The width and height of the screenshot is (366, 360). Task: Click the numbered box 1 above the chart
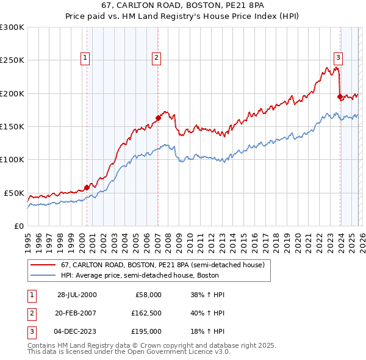[x=84, y=58]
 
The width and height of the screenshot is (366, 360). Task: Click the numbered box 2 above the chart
[x=156, y=58]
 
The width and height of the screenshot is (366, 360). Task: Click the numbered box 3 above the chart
[x=338, y=58]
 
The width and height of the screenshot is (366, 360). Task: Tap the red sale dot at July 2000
[x=87, y=187]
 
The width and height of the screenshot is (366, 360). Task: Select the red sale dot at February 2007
[x=158, y=118]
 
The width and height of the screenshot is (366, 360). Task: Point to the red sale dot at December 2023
[x=340, y=96]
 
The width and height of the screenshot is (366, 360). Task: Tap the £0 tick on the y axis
[x=18, y=226]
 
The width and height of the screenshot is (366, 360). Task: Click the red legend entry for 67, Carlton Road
[x=162, y=265]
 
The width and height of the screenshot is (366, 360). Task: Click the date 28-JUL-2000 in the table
[x=77, y=295]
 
